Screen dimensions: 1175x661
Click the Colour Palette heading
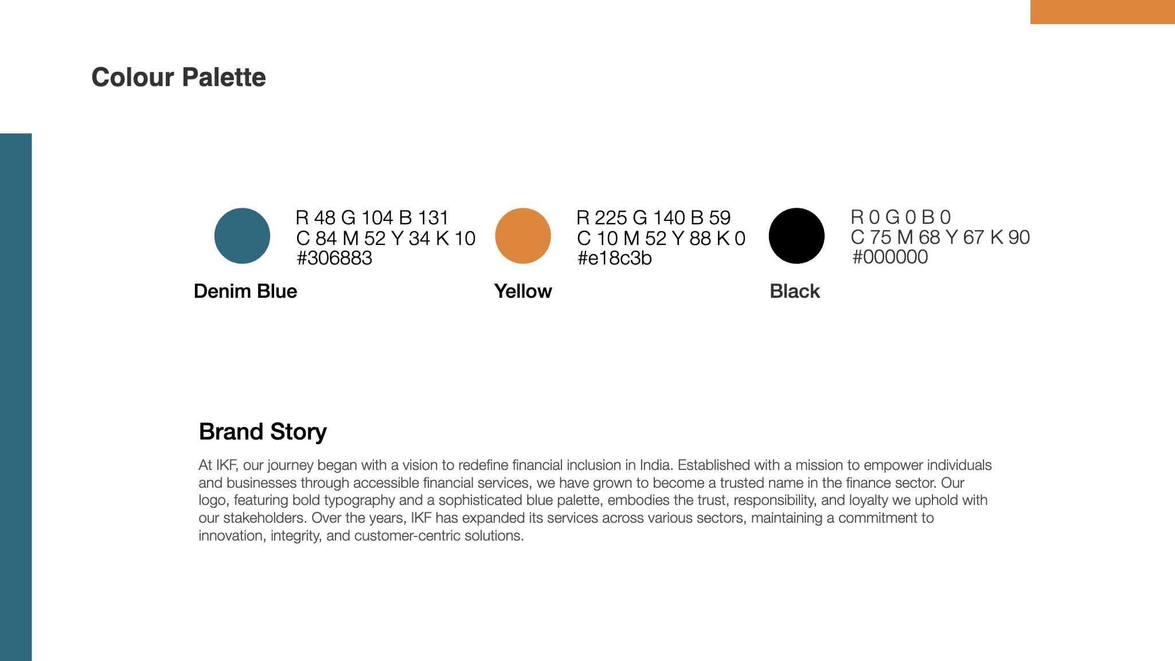point(178,77)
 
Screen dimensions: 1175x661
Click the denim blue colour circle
point(242,236)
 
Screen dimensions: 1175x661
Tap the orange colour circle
point(523,236)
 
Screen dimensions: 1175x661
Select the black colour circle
point(797,236)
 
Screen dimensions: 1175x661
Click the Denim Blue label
point(245,291)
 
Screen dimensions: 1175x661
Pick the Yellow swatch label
point(523,291)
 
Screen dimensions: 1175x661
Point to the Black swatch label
point(795,291)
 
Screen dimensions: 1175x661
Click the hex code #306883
point(334,258)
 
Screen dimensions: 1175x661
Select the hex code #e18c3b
point(614,258)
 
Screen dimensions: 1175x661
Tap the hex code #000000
point(890,257)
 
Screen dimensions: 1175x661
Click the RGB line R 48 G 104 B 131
point(372,218)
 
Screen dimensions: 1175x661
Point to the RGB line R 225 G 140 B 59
point(654,218)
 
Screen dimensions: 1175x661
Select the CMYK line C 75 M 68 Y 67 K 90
point(940,238)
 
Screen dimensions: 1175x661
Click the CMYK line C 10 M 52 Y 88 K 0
point(661,238)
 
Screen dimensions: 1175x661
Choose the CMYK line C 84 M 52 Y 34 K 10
point(386,238)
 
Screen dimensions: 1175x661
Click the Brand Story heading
point(263,431)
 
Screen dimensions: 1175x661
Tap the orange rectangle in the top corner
point(1103,12)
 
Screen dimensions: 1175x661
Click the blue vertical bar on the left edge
point(16,397)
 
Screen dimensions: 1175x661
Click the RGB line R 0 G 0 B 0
point(901,217)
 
